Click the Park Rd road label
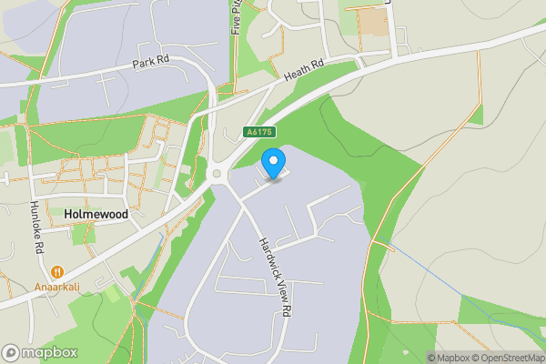(151, 64)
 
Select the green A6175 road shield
(258, 133)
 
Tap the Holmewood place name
(96, 213)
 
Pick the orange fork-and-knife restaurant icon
(56, 270)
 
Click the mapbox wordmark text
(49, 352)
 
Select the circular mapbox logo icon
(12, 352)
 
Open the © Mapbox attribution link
(448, 358)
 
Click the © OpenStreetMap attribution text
(507, 358)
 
